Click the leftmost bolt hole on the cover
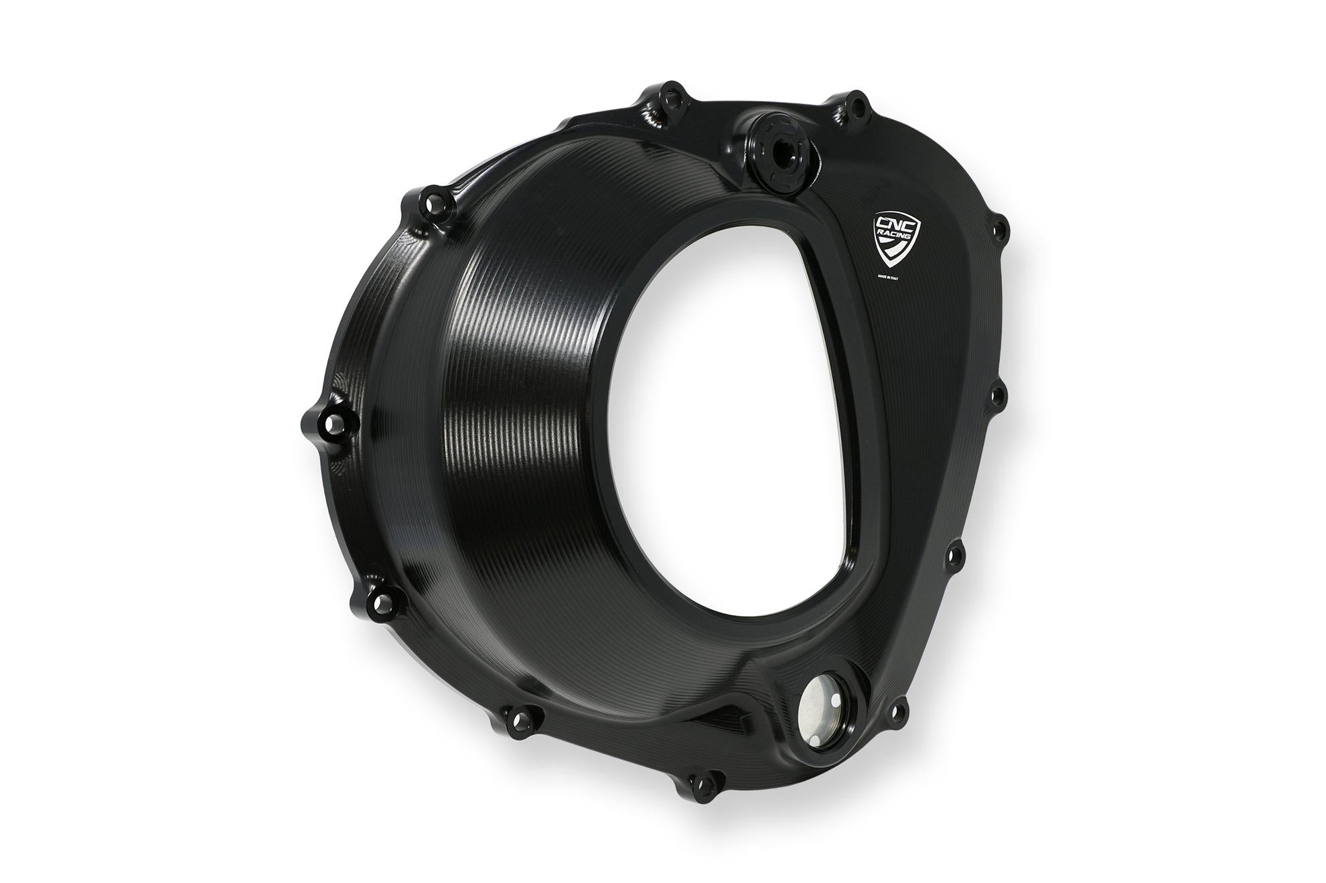coord(327,422)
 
